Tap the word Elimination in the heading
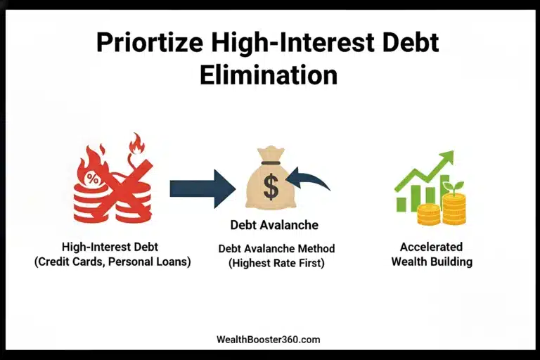(269, 75)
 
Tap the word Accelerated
(431, 247)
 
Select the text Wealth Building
(431, 262)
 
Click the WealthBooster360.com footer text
(269, 339)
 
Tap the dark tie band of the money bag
(271, 163)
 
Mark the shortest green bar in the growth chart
(401, 204)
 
